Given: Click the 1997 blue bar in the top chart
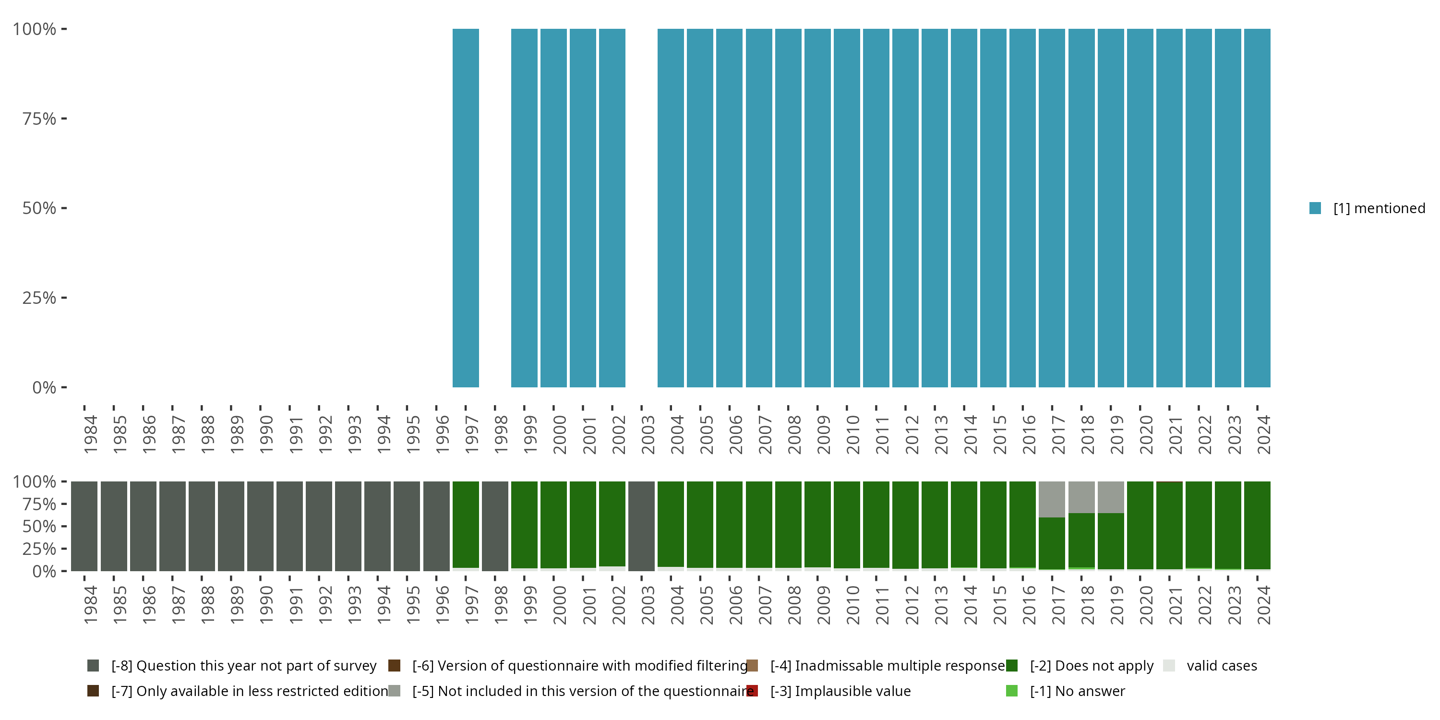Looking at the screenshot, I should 465,208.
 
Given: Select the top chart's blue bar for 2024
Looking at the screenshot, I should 1257,208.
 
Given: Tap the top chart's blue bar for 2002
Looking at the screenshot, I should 612,208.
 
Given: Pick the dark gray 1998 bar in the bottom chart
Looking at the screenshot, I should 495,526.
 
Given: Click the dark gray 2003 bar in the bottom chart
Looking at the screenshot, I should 641,526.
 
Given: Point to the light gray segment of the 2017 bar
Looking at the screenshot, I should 1052,499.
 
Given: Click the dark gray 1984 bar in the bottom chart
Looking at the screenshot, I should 84,526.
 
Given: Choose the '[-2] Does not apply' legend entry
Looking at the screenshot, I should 1091,666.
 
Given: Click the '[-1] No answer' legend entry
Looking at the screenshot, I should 1077,691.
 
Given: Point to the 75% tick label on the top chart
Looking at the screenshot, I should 39,119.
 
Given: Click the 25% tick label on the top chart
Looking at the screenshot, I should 39,298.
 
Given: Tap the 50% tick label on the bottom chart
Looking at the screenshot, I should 39,527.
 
